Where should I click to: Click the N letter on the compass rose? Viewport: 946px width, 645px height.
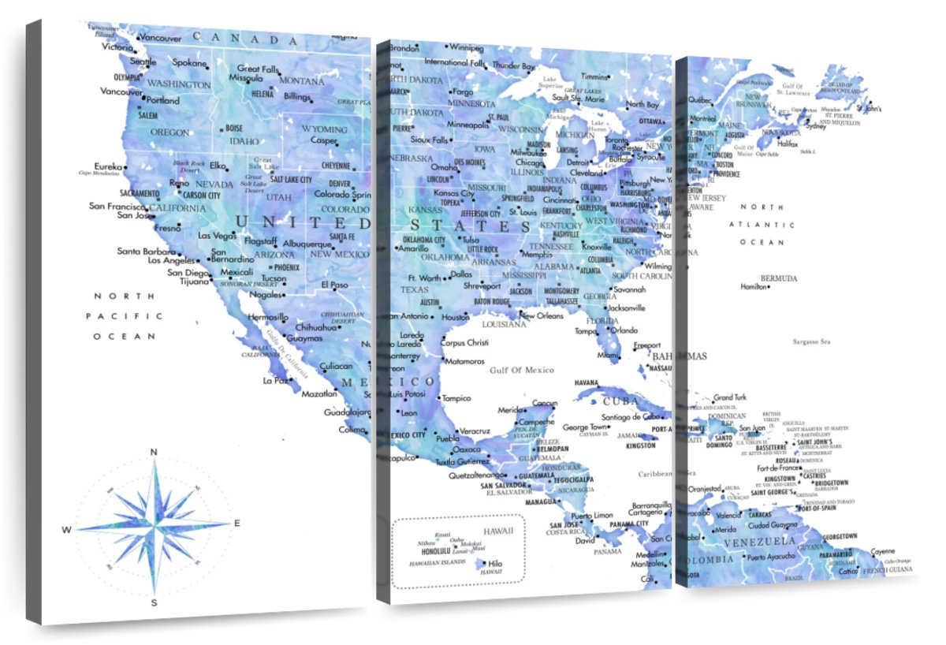154,452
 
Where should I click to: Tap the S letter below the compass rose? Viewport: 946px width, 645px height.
155,603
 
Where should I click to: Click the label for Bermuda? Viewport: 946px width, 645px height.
779,278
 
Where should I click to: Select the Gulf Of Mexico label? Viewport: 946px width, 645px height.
521,370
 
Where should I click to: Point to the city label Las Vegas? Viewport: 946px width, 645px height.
217,235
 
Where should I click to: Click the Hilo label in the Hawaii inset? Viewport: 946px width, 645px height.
495,564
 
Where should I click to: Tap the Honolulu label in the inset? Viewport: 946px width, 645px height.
435,551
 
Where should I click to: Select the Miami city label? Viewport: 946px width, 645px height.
608,356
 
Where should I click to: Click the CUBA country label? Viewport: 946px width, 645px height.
620,401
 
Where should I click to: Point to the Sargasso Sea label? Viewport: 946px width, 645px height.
811,341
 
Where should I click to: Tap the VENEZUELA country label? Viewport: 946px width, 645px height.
759,542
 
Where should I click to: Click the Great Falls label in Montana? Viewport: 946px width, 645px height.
259,69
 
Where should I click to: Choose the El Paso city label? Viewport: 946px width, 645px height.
334,285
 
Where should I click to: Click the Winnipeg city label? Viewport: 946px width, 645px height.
467,47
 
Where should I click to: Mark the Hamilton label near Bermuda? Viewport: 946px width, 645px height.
753,287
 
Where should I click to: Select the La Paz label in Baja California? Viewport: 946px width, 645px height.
276,380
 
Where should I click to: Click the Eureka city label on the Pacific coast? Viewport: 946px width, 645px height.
109,166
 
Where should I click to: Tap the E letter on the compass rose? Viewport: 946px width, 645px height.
237,523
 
